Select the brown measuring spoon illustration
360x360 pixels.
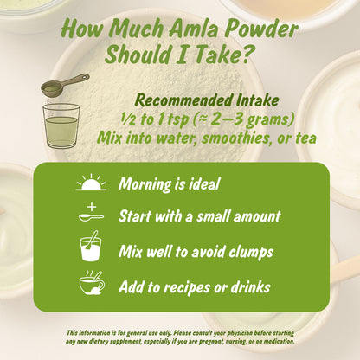[x=65, y=86]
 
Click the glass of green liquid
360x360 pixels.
[x=61, y=125]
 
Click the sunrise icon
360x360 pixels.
[x=90, y=183]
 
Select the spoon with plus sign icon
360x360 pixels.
[x=91, y=214]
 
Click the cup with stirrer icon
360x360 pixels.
[x=91, y=249]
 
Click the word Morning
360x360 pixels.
[x=149, y=183]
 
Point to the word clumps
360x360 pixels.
[x=249, y=252]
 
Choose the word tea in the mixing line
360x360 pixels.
[x=303, y=136]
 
